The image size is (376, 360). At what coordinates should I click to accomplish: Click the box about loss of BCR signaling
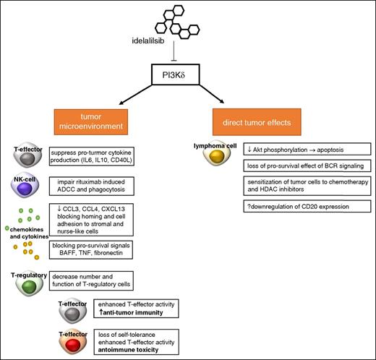click(294, 166)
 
